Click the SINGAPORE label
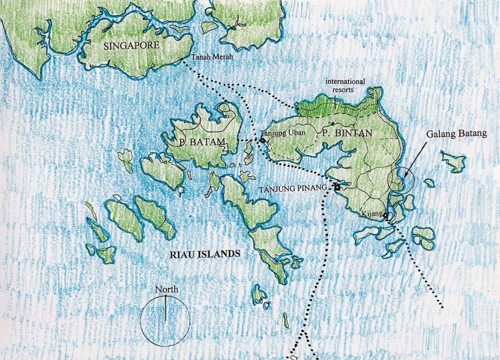point(132,45)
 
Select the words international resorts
point(345,85)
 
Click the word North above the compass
point(166,289)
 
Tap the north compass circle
point(165,320)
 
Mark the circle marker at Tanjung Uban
point(262,141)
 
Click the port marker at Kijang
point(386,216)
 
